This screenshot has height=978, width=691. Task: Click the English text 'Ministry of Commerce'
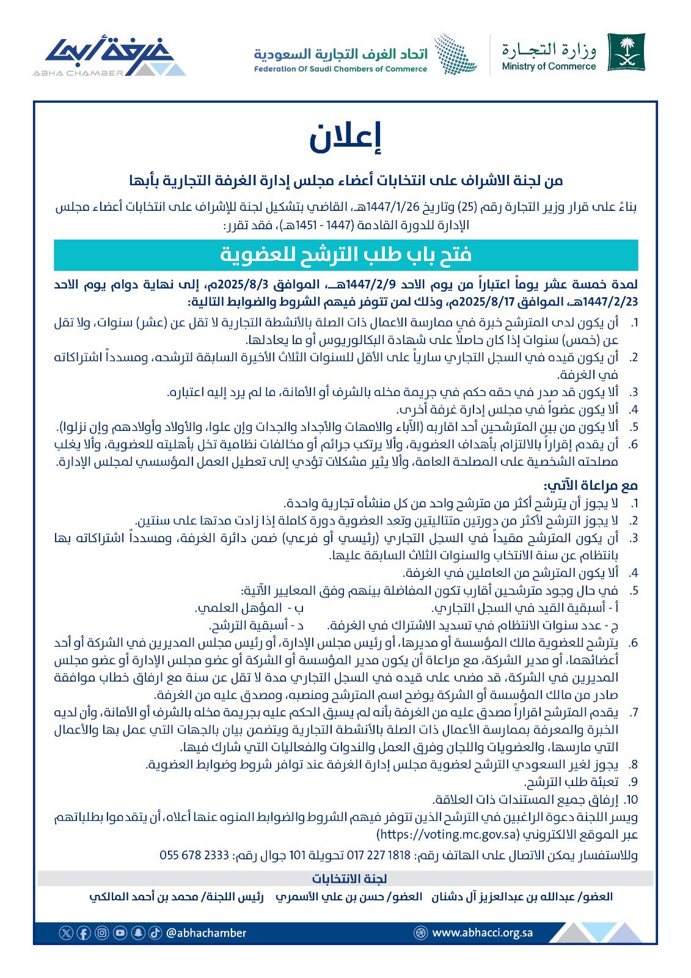tap(549, 67)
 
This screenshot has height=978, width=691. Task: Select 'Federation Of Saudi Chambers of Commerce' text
tap(341, 69)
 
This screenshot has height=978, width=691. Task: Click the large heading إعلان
tap(345, 138)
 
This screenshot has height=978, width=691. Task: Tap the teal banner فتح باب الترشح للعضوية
tap(346, 254)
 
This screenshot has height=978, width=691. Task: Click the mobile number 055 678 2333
tap(194, 855)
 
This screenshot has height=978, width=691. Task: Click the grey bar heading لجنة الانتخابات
tap(349, 879)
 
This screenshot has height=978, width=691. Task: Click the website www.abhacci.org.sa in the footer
tap(482, 933)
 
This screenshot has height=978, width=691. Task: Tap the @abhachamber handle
tap(207, 933)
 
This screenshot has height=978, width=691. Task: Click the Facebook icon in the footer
tap(84, 933)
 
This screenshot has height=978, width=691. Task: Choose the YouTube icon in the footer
tap(120, 933)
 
